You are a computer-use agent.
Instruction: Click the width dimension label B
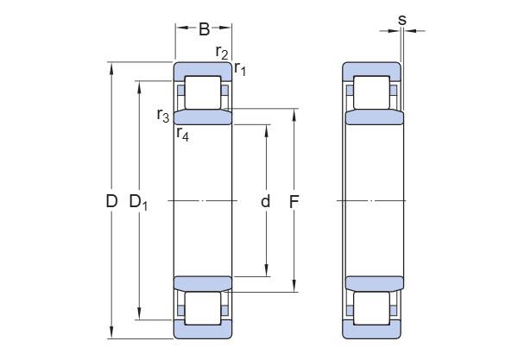pos(204,29)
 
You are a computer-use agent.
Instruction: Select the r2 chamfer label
pos(222,54)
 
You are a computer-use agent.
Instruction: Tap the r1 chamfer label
pos(241,69)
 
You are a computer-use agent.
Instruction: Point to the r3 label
pos(162,115)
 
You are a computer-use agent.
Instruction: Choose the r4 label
pos(182,133)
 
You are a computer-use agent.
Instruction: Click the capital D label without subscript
pos(111,202)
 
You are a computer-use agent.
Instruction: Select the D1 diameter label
pos(138,203)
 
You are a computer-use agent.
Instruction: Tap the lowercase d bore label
pos(266,202)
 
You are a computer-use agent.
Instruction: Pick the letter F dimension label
pos(294,202)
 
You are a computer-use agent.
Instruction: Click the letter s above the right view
pos(402,19)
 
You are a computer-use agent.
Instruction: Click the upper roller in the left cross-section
pos(204,92)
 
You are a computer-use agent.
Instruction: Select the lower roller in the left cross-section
pos(204,309)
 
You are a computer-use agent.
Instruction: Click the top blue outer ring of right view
pos(372,69)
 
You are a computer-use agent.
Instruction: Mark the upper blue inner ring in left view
pos(204,117)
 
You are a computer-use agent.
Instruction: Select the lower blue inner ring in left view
pos(204,284)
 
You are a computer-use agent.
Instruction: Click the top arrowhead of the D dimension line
pos(111,67)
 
